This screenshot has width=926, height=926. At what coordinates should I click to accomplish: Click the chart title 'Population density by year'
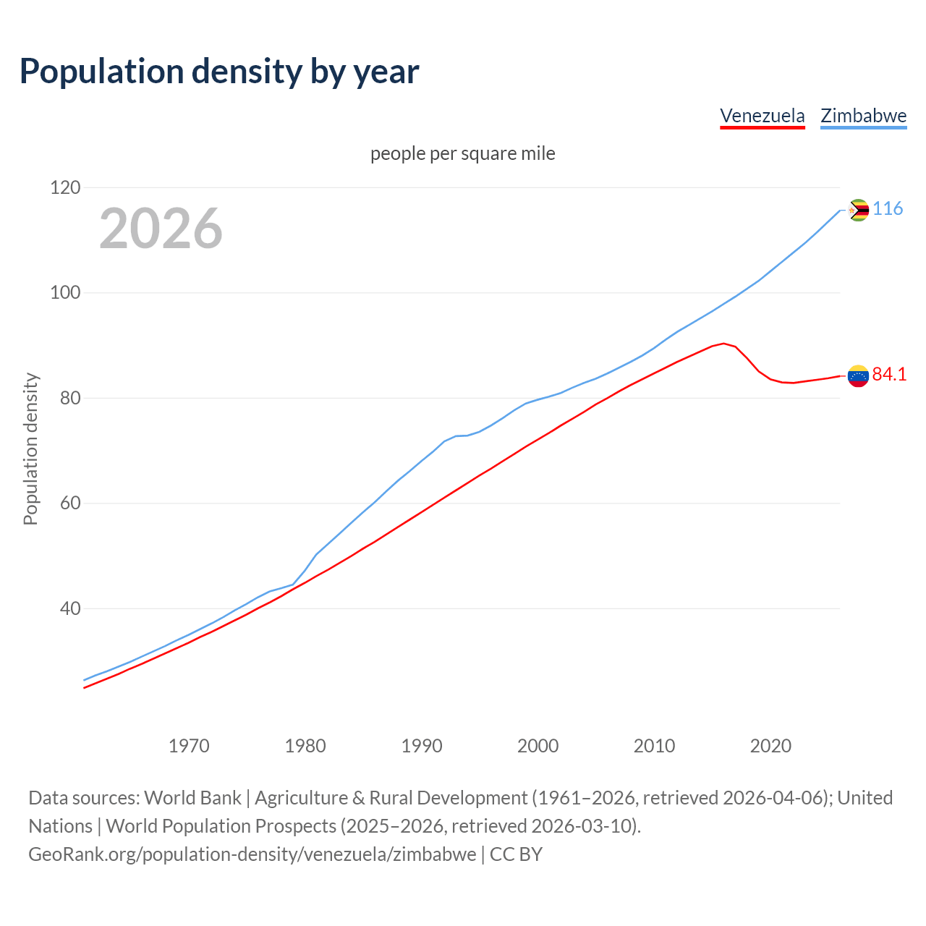point(219,71)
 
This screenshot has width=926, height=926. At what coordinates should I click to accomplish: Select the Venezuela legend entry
point(762,116)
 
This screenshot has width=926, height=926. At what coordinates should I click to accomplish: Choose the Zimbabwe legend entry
point(863,116)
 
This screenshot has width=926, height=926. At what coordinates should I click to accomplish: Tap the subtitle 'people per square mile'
point(463,153)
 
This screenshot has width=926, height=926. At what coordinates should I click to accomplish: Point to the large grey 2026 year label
point(161,229)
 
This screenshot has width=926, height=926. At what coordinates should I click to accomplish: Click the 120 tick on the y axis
point(65,188)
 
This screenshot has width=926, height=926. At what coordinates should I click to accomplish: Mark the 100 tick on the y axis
point(65,293)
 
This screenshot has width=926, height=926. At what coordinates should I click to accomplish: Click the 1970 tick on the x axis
point(189,745)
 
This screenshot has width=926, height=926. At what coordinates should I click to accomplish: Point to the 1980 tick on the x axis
point(305,745)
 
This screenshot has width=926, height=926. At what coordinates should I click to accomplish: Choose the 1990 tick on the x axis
point(422,745)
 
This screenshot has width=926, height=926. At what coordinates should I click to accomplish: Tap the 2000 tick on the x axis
point(538,745)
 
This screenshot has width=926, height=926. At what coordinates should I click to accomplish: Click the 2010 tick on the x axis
point(654,745)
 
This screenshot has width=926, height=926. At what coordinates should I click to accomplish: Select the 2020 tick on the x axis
point(770,745)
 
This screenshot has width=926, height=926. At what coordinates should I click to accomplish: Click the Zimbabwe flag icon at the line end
point(858,211)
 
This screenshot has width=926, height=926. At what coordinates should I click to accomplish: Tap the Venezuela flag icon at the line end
point(858,375)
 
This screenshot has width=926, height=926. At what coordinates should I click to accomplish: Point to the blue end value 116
point(888,209)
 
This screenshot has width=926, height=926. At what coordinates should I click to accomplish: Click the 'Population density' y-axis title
point(30,449)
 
